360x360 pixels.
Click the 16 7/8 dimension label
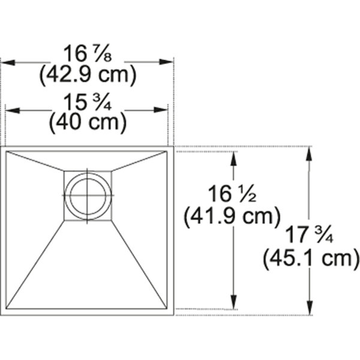pyautogui.click(x=88, y=53)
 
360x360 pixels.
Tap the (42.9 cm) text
pyautogui.click(x=88, y=74)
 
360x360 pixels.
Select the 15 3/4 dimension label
pyautogui.click(x=87, y=102)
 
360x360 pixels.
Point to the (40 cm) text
pyautogui.click(x=88, y=123)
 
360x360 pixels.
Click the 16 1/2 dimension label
pyautogui.click(x=232, y=194)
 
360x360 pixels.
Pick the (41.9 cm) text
pyautogui.click(x=232, y=216)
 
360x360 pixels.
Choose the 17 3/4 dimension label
pyautogui.click(x=309, y=235)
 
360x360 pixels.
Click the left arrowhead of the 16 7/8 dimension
pyautogui.click(x=8, y=62)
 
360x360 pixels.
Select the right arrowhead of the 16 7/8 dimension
pyautogui.click(x=166, y=62)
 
